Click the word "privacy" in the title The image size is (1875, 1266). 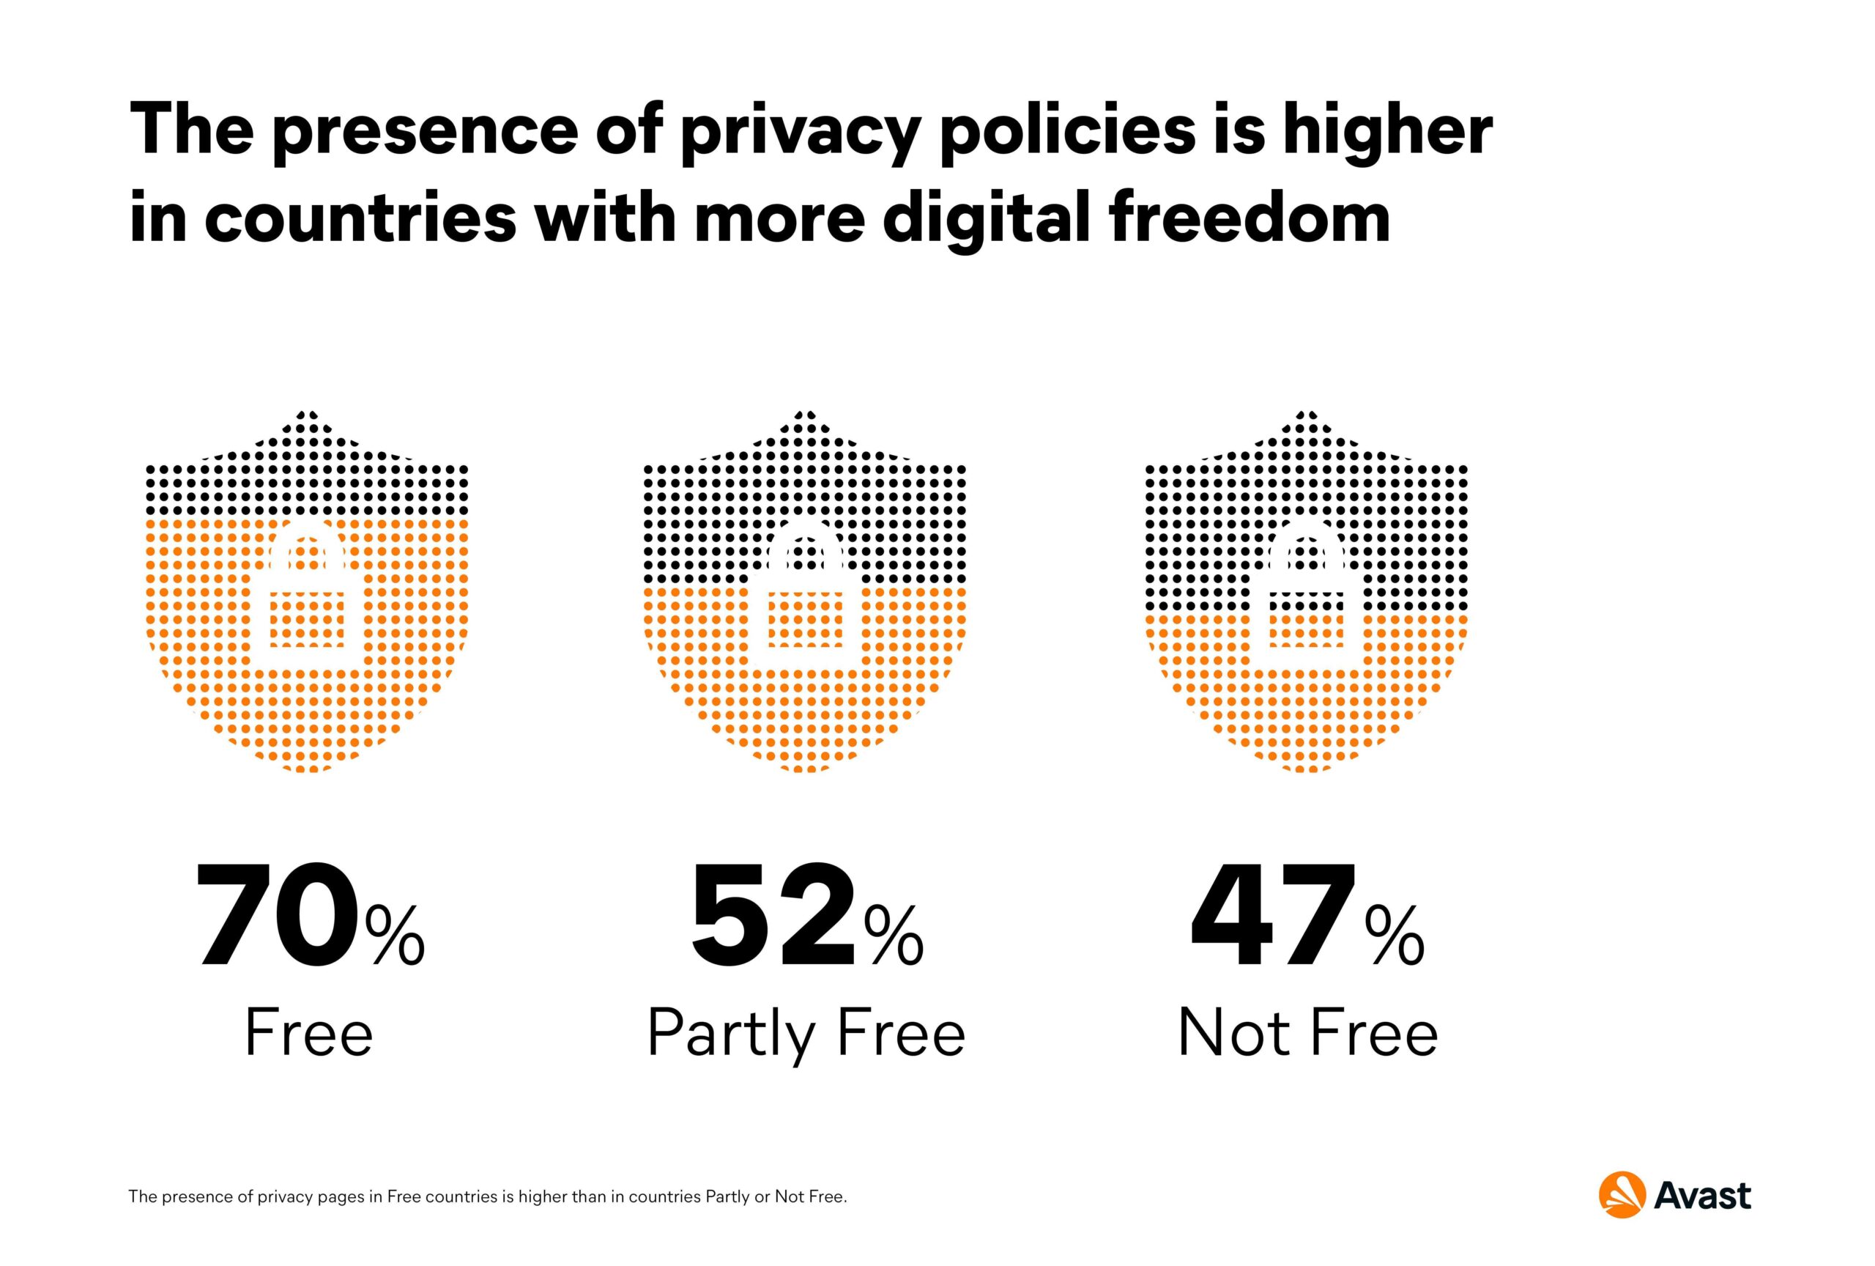pyautogui.click(x=798, y=133)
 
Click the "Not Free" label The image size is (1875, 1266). pyautogui.click(x=1308, y=1032)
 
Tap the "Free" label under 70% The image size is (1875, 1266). pyautogui.click(x=309, y=1032)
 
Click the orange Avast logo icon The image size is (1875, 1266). pyautogui.click(x=1622, y=1195)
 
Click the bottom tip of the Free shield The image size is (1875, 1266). pyautogui.click(x=307, y=771)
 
